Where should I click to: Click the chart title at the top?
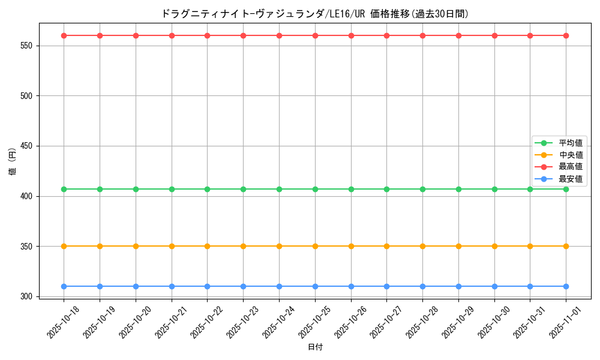click(315, 13)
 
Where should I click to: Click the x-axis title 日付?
click(315, 347)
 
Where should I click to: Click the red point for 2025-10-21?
click(172, 35)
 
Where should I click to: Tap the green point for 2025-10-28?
click(422, 189)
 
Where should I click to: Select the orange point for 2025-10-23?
click(243, 246)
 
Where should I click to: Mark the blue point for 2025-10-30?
click(494, 286)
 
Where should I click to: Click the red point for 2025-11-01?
click(566, 35)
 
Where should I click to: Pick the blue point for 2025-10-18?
click(64, 286)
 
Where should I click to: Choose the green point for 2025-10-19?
click(100, 189)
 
